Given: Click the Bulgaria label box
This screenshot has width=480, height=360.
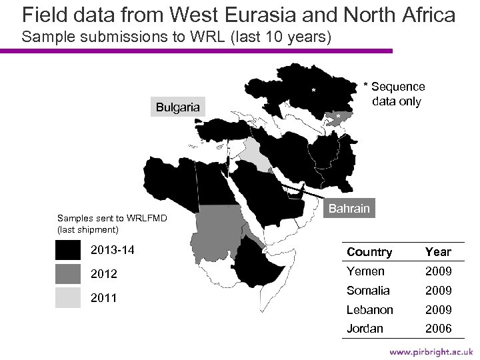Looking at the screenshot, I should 178,107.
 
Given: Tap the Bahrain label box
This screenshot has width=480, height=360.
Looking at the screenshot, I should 349,209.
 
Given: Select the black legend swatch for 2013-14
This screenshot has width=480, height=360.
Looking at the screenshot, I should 68,250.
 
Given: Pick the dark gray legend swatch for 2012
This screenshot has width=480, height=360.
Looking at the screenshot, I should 68,274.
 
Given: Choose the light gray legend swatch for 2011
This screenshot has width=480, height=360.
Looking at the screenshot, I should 68,297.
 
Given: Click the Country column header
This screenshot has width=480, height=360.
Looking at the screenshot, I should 369,252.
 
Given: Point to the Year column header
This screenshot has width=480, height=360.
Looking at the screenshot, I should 438,252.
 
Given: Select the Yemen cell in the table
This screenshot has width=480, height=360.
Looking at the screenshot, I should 365,271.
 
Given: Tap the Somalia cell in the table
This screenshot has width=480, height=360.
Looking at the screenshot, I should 369,291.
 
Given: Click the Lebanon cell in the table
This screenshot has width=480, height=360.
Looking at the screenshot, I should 370,310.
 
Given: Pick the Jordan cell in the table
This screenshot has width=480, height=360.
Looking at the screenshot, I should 365,329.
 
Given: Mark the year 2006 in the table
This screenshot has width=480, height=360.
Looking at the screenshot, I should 438,329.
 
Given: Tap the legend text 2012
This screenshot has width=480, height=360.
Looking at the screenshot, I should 103,274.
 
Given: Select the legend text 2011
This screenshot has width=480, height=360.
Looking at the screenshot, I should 103,298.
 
